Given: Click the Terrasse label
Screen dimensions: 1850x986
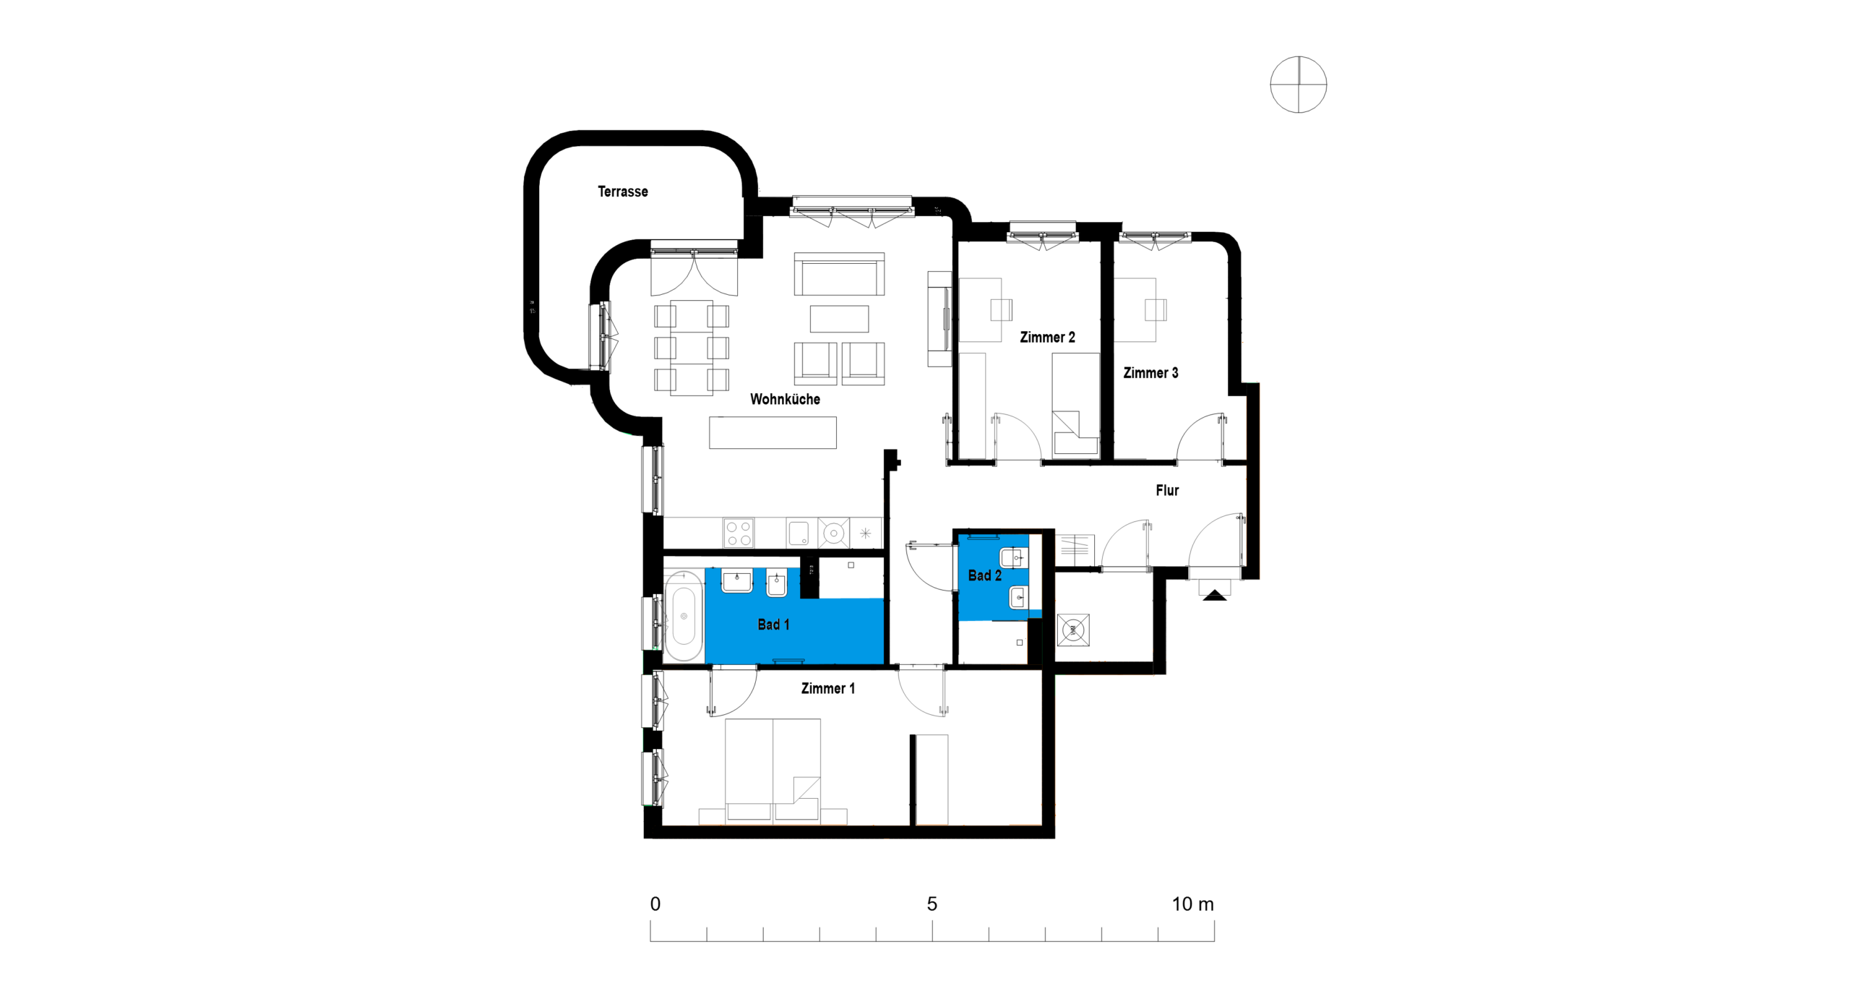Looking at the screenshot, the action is pyautogui.click(x=622, y=192).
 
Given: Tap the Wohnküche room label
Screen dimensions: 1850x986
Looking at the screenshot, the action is pyautogui.click(x=785, y=399).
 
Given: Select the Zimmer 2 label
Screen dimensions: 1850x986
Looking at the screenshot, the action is pyautogui.click(x=1047, y=337).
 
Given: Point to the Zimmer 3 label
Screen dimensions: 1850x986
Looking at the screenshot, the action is pyautogui.click(x=1150, y=373).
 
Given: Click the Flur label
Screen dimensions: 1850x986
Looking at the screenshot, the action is pyautogui.click(x=1167, y=490).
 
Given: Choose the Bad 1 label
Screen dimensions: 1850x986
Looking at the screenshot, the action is pyautogui.click(x=773, y=625).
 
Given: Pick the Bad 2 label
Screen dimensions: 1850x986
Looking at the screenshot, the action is pyautogui.click(x=984, y=575).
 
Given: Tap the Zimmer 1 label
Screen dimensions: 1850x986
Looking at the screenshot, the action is pyautogui.click(x=827, y=688).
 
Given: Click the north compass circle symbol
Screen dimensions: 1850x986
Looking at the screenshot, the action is pyautogui.click(x=1299, y=85).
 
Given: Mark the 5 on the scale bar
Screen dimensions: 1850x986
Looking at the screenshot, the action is pyautogui.click(x=932, y=904).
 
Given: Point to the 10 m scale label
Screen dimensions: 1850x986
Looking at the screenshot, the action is pyautogui.click(x=1192, y=904).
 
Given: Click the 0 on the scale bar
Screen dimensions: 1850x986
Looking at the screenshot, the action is pyautogui.click(x=655, y=904).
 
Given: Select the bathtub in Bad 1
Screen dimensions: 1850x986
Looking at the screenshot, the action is pyautogui.click(x=683, y=616).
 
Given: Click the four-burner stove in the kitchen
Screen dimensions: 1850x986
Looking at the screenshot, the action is pyautogui.click(x=739, y=533).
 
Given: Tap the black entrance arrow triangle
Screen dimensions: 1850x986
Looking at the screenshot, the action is pyautogui.click(x=1215, y=595).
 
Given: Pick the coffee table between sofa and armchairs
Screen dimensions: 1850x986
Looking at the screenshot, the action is pyautogui.click(x=839, y=319).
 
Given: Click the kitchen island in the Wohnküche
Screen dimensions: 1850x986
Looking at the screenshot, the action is pyautogui.click(x=773, y=432).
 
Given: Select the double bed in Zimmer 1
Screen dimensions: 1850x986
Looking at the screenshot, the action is pyautogui.click(x=773, y=771).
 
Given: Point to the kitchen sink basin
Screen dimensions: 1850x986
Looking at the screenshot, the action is pyautogui.click(x=799, y=533).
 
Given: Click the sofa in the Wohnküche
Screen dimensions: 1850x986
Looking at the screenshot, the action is pyautogui.click(x=839, y=274).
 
